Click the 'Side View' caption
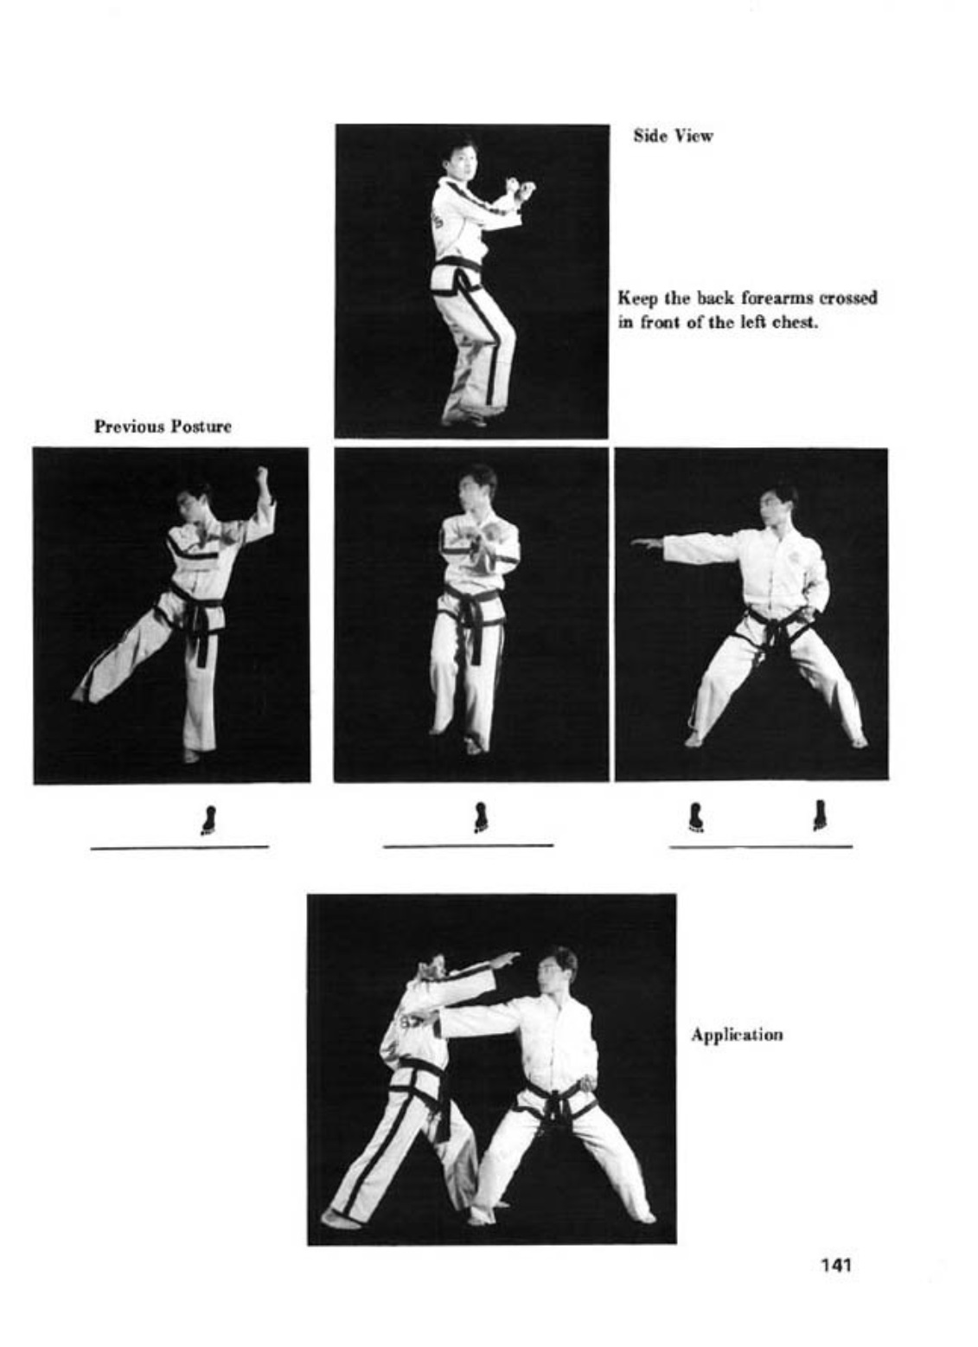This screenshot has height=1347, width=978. pyautogui.click(x=674, y=136)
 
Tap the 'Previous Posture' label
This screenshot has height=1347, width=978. pyautogui.click(x=163, y=427)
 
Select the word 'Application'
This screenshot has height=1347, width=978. pyautogui.click(x=737, y=1035)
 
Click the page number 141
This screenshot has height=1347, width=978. pyautogui.click(x=836, y=1265)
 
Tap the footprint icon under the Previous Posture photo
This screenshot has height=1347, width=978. pyautogui.click(x=208, y=820)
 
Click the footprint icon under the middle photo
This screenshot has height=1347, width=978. pyautogui.click(x=480, y=818)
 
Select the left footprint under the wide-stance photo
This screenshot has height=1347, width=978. pyautogui.click(x=695, y=817)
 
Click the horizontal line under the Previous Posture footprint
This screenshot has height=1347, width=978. pyautogui.click(x=179, y=847)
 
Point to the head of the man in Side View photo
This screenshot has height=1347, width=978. pyautogui.click(x=458, y=157)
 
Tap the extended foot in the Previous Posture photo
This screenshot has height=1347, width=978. pyautogui.click(x=80, y=696)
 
